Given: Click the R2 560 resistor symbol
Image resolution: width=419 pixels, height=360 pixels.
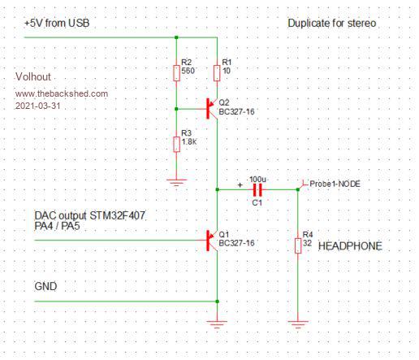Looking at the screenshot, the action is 176,73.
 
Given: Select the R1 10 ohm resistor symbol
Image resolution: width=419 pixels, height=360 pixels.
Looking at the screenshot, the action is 217,73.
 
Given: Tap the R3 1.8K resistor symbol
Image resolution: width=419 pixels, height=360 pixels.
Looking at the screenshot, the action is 176,145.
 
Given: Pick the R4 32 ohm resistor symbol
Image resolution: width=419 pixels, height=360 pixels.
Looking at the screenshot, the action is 298,245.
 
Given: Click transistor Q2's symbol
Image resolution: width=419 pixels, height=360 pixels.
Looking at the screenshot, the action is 211,109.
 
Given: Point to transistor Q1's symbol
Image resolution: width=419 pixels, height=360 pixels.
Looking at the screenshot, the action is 211,241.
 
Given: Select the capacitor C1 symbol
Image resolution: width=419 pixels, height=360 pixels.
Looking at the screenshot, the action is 257,189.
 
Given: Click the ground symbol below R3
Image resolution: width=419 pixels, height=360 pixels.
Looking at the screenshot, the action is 176,182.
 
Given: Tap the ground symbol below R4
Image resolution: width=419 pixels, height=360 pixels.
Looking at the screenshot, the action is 298,324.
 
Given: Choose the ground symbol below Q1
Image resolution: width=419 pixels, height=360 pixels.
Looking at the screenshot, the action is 217,324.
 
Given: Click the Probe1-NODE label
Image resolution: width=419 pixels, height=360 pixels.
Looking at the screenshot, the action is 335,184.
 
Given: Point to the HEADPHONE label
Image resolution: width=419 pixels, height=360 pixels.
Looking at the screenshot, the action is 350,246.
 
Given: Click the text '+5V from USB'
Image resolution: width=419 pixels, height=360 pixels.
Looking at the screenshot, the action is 57,23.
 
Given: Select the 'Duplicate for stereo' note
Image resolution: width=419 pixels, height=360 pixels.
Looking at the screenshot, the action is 332,23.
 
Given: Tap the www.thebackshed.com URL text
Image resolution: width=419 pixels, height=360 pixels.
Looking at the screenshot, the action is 62,93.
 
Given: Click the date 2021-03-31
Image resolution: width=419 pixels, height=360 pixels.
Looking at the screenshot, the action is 38,106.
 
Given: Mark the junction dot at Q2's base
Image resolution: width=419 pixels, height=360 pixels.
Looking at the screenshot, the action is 176,109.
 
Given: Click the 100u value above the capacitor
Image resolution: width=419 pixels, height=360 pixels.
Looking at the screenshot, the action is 257,180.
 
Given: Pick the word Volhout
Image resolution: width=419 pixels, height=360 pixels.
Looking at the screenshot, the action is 33,76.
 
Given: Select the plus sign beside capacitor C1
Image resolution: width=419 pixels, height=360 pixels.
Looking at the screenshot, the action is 240,185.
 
